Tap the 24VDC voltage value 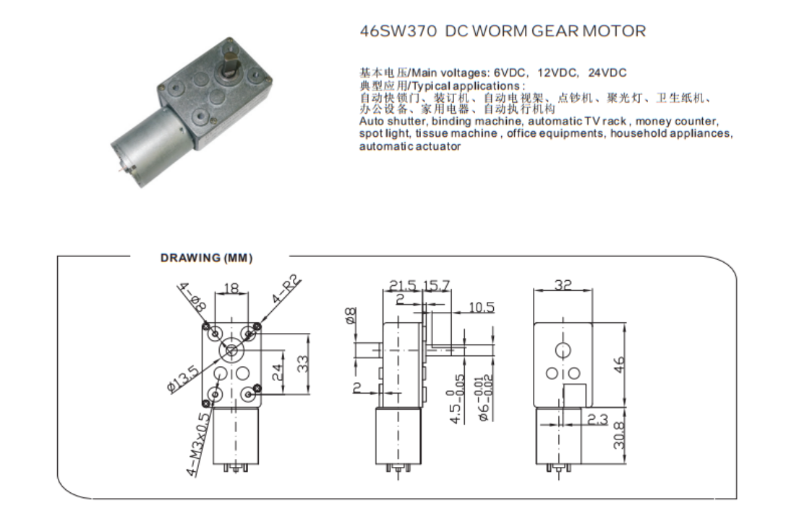(x=607, y=73)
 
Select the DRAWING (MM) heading (x=207, y=258)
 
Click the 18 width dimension (x=231, y=288)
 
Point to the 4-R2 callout (x=287, y=289)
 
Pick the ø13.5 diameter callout (x=183, y=379)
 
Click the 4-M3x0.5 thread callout (x=197, y=444)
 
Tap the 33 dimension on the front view (x=303, y=363)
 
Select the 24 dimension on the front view (x=277, y=371)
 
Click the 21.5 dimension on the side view (x=403, y=286)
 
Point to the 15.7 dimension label (x=437, y=286)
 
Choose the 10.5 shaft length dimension (x=482, y=307)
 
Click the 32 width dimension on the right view (x=563, y=284)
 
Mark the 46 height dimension (x=620, y=364)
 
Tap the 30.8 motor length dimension (x=620, y=435)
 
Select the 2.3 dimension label (x=597, y=419)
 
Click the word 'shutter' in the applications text (x=405, y=122)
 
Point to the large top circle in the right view (x=563, y=350)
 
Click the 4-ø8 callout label (x=193, y=298)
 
